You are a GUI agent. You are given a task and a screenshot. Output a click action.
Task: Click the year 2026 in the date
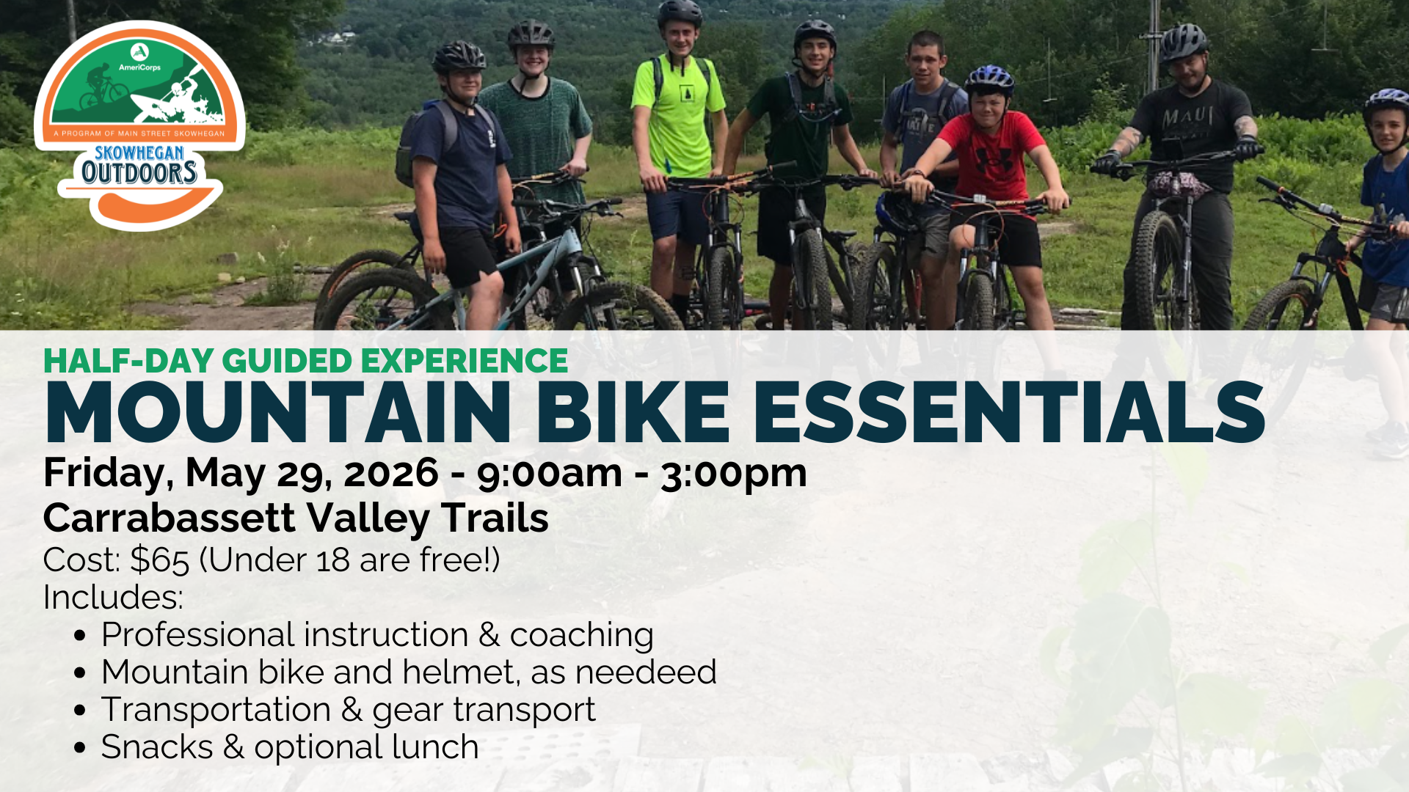[x=391, y=473]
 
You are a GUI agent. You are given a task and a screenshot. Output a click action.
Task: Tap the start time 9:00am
[x=550, y=474]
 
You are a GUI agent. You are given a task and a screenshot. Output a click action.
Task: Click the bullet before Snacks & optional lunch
[x=81, y=749]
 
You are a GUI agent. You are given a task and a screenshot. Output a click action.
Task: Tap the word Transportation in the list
[x=216, y=710]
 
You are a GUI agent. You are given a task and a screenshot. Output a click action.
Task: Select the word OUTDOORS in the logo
[x=139, y=173]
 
